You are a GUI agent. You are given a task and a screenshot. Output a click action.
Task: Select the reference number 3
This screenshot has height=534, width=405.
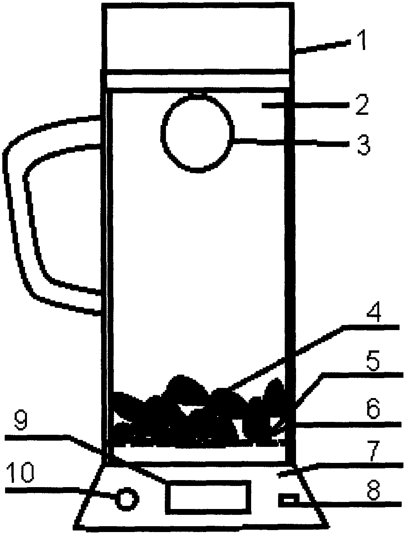363,145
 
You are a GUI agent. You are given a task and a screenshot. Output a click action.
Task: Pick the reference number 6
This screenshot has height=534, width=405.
373,409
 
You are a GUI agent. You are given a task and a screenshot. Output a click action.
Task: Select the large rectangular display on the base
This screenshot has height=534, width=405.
208,497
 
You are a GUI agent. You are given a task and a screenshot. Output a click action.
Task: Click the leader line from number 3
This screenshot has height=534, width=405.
291,142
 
